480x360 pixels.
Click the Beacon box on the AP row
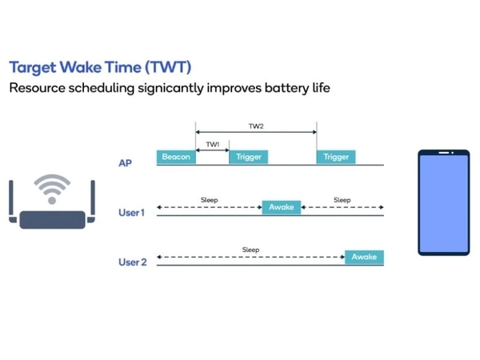176,157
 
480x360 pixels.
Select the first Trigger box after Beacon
249,157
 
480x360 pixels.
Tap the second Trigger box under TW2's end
336,157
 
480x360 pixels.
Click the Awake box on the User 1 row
282,207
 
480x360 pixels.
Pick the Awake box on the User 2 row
364,257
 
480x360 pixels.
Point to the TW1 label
213,144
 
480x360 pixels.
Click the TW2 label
256,126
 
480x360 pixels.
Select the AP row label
126,163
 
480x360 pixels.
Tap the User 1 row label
131,213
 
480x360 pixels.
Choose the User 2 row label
133,262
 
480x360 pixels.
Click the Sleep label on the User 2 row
250,250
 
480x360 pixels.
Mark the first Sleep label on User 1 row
210,200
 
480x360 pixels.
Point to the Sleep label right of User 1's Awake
342,200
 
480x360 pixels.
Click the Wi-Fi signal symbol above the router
52,189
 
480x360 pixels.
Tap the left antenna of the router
12,202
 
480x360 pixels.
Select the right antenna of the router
92,202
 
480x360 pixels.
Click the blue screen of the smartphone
444,203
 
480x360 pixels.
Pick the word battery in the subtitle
287,88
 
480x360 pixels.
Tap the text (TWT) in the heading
168,67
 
